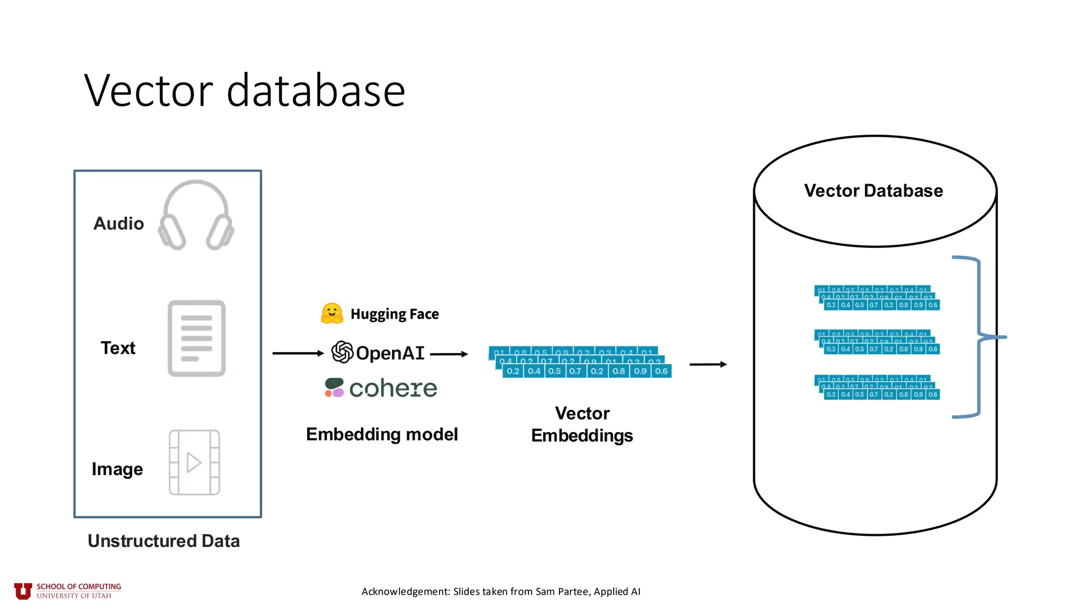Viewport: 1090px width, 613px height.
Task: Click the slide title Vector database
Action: [x=245, y=90]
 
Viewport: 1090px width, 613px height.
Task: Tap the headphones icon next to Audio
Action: [x=196, y=216]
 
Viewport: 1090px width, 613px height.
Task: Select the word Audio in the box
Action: [x=119, y=223]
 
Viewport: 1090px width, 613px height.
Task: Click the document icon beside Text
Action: [x=196, y=338]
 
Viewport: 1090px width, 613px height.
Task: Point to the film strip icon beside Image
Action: [x=194, y=462]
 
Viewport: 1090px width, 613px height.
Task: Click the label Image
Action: [x=117, y=469]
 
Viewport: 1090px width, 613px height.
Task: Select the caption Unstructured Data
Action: [x=163, y=541]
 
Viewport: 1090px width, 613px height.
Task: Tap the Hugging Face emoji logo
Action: [x=332, y=313]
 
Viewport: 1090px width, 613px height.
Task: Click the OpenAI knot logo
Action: [x=342, y=352]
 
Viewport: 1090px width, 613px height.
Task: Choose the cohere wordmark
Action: [x=393, y=388]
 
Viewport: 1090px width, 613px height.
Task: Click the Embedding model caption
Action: [x=382, y=434]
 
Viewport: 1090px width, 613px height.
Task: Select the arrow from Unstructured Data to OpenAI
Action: [x=298, y=353]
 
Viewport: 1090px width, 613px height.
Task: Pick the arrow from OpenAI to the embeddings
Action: [x=449, y=354]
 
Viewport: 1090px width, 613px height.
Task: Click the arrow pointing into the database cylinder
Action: [x=708, y=365]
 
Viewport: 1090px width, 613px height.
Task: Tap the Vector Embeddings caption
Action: [x=582, y=425]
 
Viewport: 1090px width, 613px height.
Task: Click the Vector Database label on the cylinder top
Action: [x=873, y=190]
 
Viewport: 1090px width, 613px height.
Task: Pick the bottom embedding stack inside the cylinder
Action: [x=877, y=387]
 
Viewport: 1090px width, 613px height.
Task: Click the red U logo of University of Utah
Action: [x=23, y=591]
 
